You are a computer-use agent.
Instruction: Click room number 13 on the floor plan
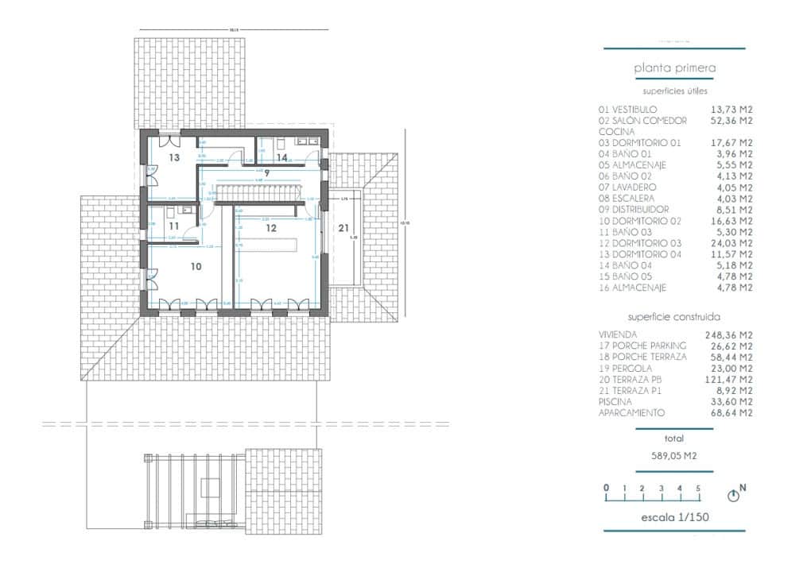click(x=174, y=158)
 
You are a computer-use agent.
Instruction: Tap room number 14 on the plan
click(x=281, y=157)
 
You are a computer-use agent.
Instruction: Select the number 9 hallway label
click(x=267, y=172)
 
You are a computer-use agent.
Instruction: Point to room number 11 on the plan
click(x=174, y=226)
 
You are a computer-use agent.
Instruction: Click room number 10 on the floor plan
click(x=196, y=267)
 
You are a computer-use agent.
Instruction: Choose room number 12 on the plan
click(x=271, y=228)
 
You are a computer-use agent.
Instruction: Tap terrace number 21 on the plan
click(x=343, y=228)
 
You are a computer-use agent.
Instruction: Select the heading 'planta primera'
click(x=674, y=68)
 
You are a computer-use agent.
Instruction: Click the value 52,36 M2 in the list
click(x=730, y=121)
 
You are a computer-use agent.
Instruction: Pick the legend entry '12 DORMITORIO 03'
click(x=639, y=243)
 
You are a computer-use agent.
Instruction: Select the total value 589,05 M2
click(x=673, y=456)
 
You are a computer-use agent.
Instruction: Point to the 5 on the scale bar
click(x=698, y=488)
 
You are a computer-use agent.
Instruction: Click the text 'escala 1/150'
click(x=674, y=518)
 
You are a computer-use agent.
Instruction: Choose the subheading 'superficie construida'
click(x=673, y=316)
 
